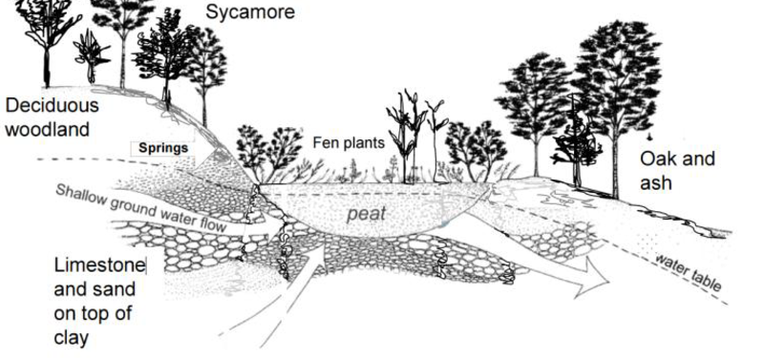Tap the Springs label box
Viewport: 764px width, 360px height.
164,149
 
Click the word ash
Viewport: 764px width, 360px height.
656,181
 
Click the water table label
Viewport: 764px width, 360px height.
684,271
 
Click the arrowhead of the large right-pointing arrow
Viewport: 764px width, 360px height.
599,279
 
